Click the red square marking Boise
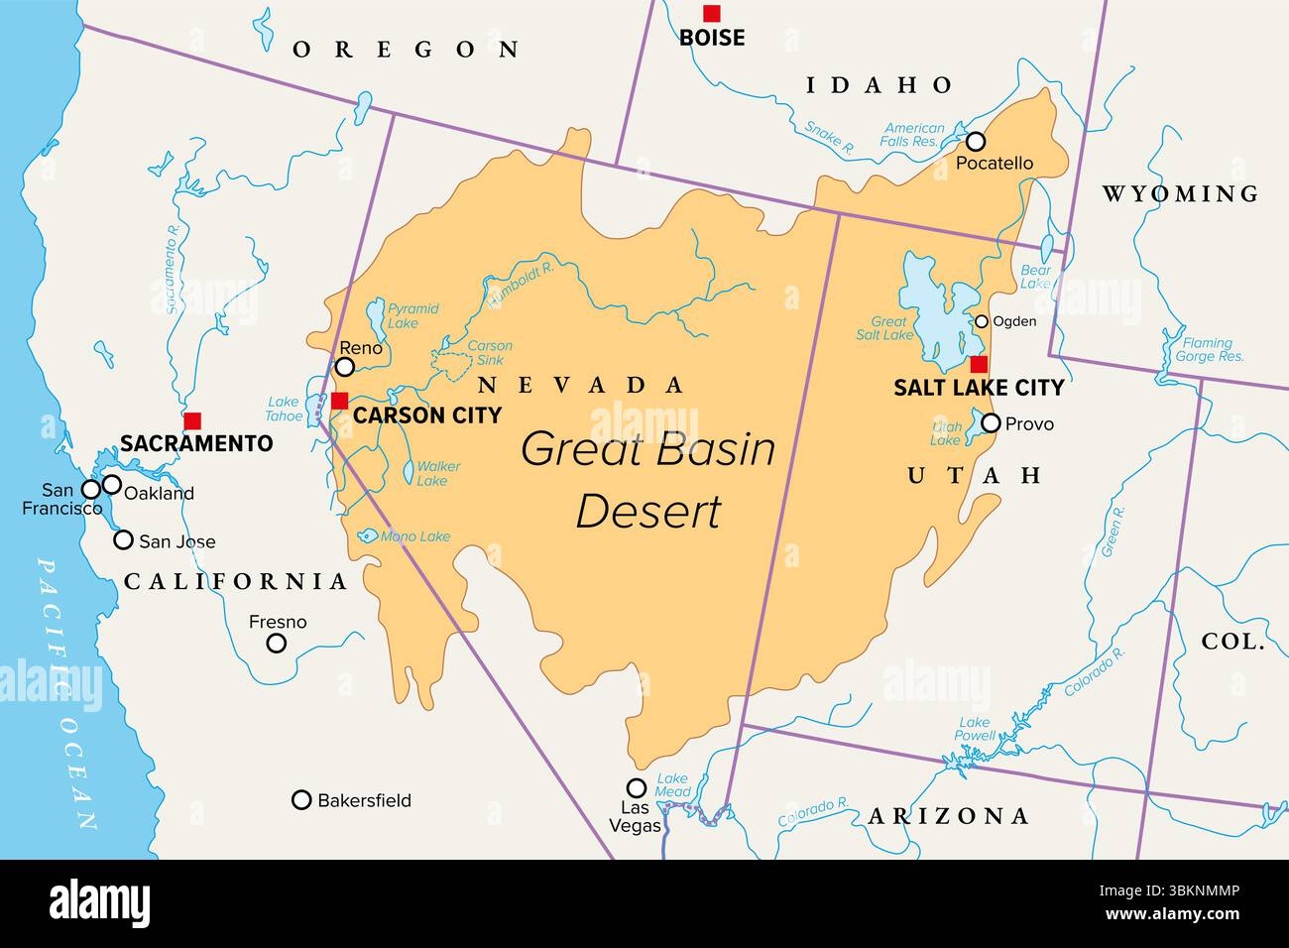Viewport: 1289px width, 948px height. [711, 13]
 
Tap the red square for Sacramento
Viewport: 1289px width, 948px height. [192, 420]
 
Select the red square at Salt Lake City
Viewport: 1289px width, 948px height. [979, 364]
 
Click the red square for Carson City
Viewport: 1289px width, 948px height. [340, 401]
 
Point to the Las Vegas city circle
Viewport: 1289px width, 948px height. [637, 788]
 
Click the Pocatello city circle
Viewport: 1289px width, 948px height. [976, 141]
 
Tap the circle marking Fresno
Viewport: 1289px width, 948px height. [278, 643]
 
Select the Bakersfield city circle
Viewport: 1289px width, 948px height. [301, 799]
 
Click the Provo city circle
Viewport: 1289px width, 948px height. [991, 423]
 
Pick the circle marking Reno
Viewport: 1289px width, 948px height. [345, 367]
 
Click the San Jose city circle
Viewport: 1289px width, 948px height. [123, 540]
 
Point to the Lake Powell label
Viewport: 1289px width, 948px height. [976, 730]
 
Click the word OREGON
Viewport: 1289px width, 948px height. [406, 50]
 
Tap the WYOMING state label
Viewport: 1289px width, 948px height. [1180, 193]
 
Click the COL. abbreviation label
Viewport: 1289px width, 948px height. [1232, 642]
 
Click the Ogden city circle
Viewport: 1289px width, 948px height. [981, 321]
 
